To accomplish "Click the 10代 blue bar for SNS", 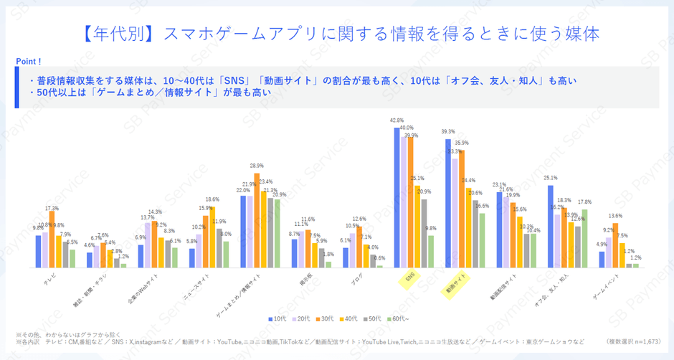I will point(397,197).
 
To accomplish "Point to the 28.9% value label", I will point(257,166).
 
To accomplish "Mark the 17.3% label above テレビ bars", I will point(52,208).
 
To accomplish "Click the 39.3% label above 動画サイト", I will point(448,132).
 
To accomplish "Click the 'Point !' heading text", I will point(29,62).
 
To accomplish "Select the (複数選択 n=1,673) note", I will point(632,341).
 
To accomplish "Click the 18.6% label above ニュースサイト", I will point(212,199).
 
